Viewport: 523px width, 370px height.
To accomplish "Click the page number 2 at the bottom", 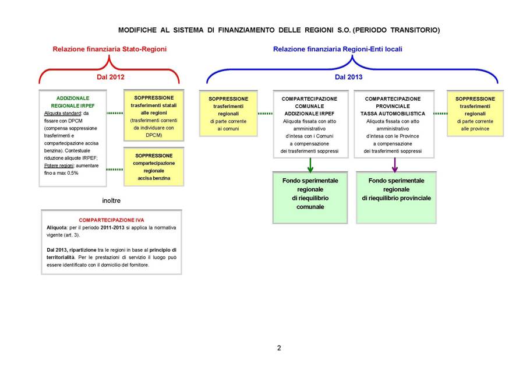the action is point(279,348).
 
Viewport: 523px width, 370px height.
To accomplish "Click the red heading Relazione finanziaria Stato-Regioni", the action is point(109,49).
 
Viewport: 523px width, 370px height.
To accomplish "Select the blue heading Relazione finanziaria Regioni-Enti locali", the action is point(338,49).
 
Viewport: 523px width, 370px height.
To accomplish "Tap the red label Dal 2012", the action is point(111,77).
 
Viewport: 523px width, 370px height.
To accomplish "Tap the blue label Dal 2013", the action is point(348,77).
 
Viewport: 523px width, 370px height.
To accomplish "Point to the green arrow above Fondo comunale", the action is point(310,165).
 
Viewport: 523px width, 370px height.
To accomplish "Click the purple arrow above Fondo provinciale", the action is point(395,165).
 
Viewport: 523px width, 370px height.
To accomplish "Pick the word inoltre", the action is point(111,200).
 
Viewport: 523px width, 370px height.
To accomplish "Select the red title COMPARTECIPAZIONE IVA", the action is point(111,220).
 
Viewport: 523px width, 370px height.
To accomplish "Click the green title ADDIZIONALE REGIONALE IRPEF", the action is point(73,102).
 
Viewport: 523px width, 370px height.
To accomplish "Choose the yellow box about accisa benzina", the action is point(154,167).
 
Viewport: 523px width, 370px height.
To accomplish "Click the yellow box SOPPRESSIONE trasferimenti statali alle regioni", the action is point(154,115).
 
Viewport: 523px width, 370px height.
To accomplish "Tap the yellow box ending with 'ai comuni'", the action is point(228,114).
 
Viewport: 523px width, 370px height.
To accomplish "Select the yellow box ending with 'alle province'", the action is point(475,114).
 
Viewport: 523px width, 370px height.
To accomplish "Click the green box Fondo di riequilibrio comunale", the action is point(310,198).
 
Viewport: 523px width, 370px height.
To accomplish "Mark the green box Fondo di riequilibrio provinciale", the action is point(396,198).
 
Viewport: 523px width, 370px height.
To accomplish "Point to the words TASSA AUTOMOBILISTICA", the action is point(393,114).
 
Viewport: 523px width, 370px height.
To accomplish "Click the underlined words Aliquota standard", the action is point(62,114).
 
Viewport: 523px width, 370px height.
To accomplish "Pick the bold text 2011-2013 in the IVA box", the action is point(112,228).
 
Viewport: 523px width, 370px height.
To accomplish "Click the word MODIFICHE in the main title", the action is point(137,30).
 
